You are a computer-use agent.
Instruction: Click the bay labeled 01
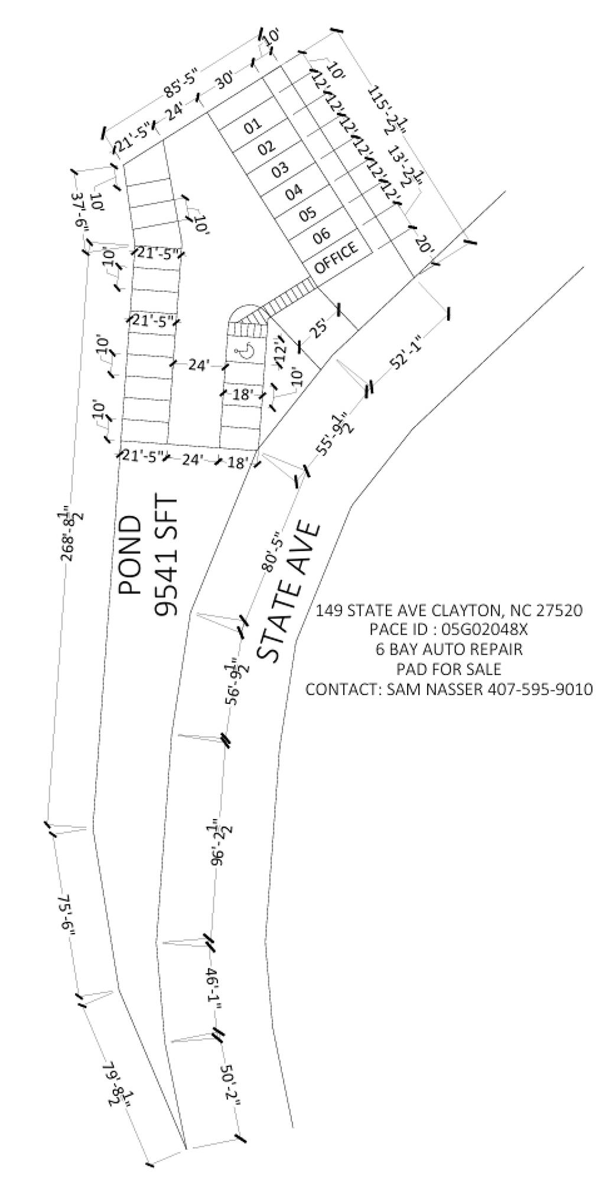(x=252, y=125)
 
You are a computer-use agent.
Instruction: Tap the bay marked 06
(x=321, y=235)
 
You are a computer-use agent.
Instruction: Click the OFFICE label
(x=337, y=257)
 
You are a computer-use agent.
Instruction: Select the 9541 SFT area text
(x=167, y=556)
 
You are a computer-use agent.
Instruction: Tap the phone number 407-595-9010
(x=539, y=689)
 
